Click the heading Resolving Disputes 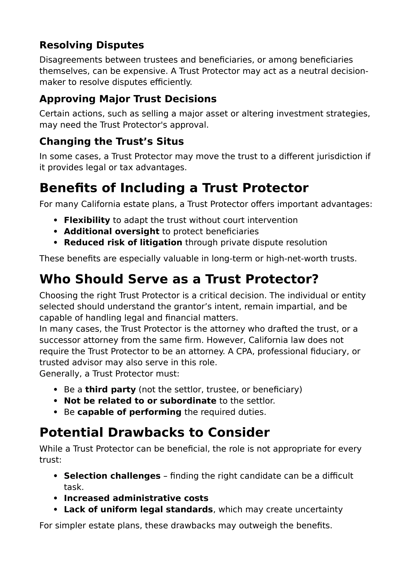point(92,45)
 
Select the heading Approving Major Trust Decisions point(128,99)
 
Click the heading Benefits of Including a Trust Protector point(174,188)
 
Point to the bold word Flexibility point(87,220)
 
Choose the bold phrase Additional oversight point(111,231)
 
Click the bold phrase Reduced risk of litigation point(123,242)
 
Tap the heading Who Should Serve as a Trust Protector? point(179,279)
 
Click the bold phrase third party point(110,389)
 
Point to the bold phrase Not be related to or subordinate point(140,401)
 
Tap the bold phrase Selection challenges point(112,476)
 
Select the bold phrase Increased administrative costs point(136,498)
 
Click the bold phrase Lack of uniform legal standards point(138,510)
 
